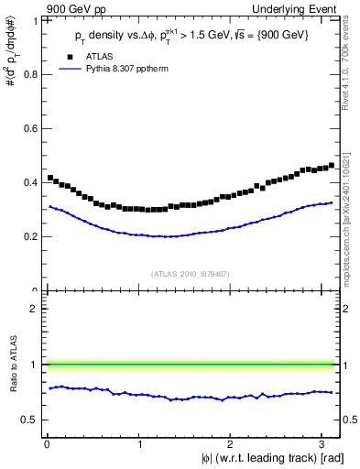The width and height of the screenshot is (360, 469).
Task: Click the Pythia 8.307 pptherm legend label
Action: (140, 69)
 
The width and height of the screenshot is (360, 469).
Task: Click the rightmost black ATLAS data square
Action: (331, 166)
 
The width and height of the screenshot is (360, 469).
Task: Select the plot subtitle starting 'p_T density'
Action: (193, 36)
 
